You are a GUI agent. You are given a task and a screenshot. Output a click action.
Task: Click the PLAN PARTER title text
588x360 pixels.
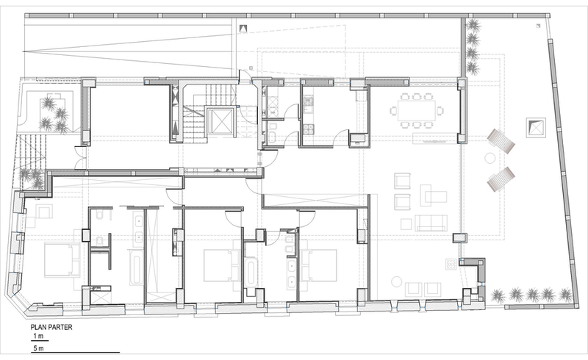point(51,327)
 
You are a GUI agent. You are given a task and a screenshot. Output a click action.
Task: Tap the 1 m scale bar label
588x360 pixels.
point(38,336)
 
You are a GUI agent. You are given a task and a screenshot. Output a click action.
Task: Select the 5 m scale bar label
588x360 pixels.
point(38,348)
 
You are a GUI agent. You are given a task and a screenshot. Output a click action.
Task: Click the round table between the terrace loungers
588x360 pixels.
point(490,158)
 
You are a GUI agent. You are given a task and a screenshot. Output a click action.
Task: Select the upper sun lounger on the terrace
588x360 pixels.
point(501,140)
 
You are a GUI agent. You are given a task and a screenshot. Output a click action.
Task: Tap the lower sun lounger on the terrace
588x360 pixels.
point(501,179)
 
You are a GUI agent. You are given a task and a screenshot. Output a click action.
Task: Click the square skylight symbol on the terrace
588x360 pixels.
point(536,128)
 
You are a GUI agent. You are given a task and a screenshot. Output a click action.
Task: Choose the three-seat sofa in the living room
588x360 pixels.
point(431,223)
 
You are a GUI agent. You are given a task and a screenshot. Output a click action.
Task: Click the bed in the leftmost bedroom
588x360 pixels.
point(62,260)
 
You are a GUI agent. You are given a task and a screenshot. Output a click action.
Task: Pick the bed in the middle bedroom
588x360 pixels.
point(222,265)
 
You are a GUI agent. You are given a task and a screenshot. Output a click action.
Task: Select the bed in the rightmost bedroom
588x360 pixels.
point(318,265)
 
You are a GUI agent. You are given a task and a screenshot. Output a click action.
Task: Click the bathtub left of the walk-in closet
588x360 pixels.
point(136,268)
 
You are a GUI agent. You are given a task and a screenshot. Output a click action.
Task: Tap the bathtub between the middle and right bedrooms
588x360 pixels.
point(251,272)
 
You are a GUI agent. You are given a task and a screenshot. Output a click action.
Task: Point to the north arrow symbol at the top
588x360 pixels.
point(244,28)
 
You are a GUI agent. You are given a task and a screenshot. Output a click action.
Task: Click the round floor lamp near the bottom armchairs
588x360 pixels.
point(396,281)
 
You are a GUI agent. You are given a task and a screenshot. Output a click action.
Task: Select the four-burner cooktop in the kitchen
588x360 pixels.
point(308,129)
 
